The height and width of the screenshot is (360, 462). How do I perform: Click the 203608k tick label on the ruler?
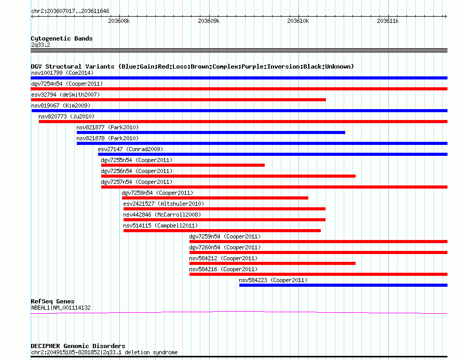pos(119,21)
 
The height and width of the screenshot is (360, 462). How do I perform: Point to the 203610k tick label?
pos(298,21)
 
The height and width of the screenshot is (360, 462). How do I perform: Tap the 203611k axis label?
pos(388,21)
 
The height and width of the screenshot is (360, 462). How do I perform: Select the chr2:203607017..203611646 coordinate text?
pos(70,11)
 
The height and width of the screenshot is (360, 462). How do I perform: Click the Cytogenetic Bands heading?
pos(62,38)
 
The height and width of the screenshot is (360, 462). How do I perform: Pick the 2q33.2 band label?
pos(40,45)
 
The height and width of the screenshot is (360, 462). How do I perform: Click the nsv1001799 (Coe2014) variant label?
pos(62,73)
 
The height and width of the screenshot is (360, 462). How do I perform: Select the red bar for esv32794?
pos(178,100)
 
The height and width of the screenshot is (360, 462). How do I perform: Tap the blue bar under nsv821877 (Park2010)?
pos(211,132)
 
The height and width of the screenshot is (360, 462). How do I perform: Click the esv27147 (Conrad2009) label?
pos(130,149)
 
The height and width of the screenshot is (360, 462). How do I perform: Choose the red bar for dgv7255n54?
pos(183,165)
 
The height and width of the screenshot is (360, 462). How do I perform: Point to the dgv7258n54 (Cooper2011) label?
pos(157,193)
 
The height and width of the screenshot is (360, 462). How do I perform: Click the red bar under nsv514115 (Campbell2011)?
pos(222,231)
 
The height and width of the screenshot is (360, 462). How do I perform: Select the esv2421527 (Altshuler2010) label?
pos(164,204)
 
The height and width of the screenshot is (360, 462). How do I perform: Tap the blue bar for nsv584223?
pos(343,285)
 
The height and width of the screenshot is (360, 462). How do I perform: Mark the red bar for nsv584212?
pos(273,263)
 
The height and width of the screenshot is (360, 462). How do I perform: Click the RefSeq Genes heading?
pos(52,301)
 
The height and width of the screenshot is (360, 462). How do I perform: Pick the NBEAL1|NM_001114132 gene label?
pos(61,308)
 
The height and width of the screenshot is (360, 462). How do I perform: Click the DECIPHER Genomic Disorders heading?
pos(78,346)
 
